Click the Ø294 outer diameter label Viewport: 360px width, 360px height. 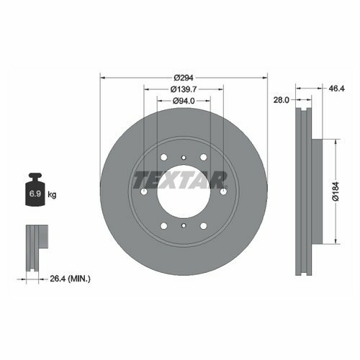[x=184, y=78]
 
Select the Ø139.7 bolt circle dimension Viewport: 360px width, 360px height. [x=184, y=89]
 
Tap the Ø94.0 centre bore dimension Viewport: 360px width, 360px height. [x=184, y=101]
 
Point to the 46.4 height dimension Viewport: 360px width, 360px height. [x=336, y=89]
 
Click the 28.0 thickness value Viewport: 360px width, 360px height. [x=282, y=100]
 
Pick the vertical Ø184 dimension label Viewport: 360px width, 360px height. [x=336, y=192]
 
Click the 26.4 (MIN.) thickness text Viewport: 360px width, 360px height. [x=70, y=279]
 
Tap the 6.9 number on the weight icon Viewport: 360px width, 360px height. [x=35, y=194]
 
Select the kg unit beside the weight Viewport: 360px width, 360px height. [x=52, y=194]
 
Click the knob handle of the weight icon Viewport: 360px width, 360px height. [x=35, y=176]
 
